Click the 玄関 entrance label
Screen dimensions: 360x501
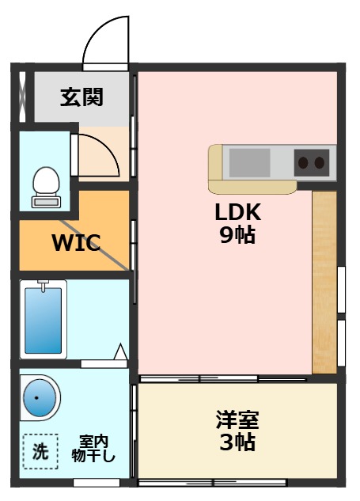81,97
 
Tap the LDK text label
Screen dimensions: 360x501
238,212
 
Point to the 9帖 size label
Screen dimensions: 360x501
237,235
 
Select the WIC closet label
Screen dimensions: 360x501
76,243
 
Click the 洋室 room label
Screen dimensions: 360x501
237,419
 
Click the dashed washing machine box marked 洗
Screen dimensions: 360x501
40,451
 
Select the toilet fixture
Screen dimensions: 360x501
47,188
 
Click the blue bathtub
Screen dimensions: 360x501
44,321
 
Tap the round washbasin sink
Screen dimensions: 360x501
40,398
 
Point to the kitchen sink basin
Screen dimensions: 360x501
249,163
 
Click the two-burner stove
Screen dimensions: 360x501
312,163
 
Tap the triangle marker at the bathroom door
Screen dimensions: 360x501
121,351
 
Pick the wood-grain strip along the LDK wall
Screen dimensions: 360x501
324,283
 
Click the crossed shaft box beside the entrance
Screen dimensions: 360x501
22,97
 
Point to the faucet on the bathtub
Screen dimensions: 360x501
43,286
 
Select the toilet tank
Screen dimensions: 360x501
47,202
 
